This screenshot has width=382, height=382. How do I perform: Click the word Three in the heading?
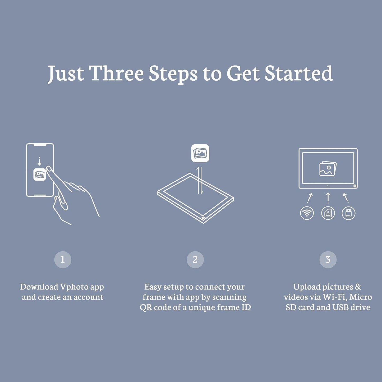(x=117, y=73)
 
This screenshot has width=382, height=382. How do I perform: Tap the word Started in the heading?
(x=299, y=73)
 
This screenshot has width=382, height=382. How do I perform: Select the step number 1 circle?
(x=63, y=260)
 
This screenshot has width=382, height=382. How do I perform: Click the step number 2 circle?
(x=195, y=260)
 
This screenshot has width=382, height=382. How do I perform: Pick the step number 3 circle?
(x=328, y=260)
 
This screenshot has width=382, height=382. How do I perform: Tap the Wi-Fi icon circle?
(x=307, y=213)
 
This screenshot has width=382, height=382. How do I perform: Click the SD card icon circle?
(x=328, y=213)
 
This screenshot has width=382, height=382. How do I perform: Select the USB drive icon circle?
(x=348, y=213)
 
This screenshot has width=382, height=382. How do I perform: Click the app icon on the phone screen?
(x=40, y=174)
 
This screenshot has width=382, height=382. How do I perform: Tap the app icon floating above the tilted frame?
(x=200, y=153)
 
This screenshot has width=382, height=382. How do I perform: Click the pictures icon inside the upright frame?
(x=328, y=168)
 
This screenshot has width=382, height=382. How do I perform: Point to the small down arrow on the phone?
(x=39, y=161)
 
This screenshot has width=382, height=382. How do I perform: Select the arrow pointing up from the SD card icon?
(x=328, y=198)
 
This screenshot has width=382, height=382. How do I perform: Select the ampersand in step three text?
(x=358, y=287)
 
